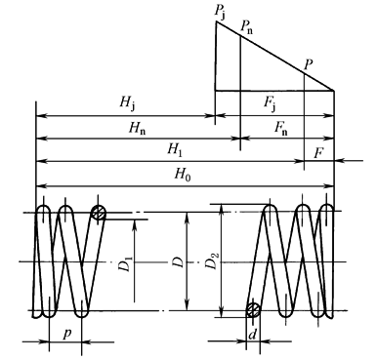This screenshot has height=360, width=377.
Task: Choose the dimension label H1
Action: click(176, 150)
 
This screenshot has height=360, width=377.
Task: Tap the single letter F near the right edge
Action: click(318, 150)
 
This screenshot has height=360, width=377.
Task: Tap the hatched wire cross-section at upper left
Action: click(97, 213)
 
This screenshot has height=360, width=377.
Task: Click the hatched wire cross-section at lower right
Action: click(253, 310)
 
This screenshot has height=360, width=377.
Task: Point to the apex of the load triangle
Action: click(216, 20)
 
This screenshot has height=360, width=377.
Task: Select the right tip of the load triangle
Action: click(335, 91)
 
